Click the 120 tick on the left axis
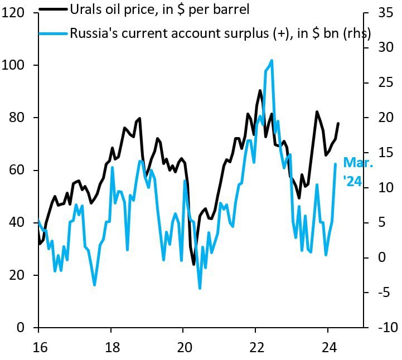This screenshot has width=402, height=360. (x=18, y=13)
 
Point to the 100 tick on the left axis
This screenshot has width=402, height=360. (x=18, y=65)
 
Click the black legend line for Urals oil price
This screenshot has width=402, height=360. (x=53, y=9)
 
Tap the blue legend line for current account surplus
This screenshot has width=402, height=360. (x=53, y=33)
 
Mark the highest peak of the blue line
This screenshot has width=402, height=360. (x=272, y=60)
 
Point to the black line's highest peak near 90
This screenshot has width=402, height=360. (x=260, y=90)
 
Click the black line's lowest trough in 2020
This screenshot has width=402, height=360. (x=194, y=264)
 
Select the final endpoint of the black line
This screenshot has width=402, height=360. (x=338, y=123)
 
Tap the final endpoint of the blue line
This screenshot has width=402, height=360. (x=335, y=164)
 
